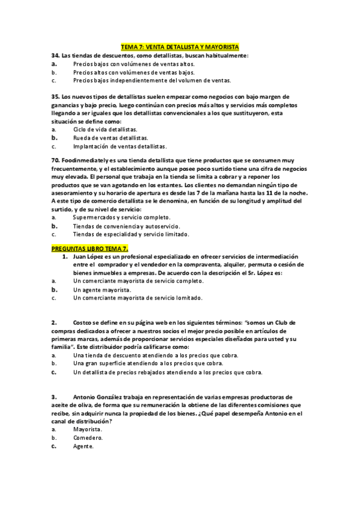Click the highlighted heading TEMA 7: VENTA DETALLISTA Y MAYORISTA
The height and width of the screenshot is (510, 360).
click(180, 46)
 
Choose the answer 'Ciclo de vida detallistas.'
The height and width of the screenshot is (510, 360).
click(105, 129)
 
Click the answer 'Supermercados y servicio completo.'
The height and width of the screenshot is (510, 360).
click(121, 217)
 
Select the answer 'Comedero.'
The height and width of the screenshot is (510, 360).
click(88, 438)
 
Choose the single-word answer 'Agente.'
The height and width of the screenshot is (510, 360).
click(84, 447)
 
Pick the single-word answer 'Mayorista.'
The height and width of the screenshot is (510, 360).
click(88, 430)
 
